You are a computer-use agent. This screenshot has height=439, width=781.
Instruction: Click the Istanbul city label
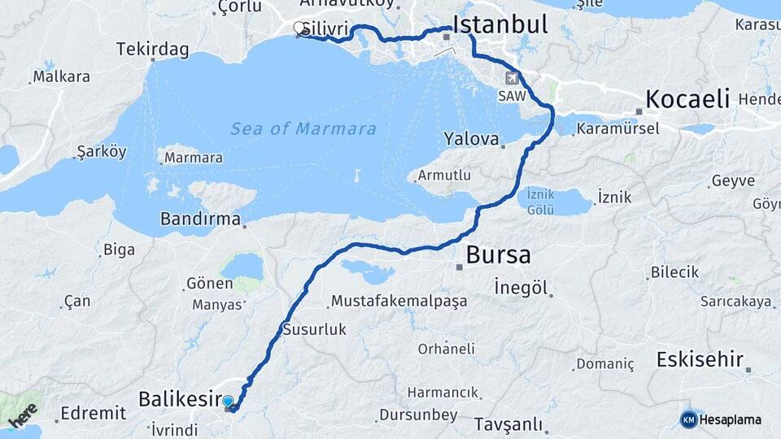pos(500,24)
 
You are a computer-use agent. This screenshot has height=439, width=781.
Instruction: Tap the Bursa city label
pos(498,255)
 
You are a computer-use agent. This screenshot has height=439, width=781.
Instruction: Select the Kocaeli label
pos(687,99)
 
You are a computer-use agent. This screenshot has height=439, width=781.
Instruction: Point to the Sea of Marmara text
pos(303,128)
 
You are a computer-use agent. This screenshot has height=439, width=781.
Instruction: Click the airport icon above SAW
pos(512,79)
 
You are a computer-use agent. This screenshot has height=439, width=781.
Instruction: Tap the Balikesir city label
pos(180,399)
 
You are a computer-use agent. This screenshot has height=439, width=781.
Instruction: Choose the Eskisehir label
pos(700,359)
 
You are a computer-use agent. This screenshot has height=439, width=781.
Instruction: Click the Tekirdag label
pos(152,50)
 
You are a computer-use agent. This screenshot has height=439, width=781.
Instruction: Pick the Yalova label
pos(471,138)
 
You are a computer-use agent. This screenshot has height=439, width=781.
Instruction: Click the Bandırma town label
pos(200,219)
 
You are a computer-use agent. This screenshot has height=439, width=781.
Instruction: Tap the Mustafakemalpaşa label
pos(399,302)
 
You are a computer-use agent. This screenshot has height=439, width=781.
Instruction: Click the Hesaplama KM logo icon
pos(688,419)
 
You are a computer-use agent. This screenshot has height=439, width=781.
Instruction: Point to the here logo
pos(23,415)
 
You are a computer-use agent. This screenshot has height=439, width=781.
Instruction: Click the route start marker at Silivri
pos(300,28)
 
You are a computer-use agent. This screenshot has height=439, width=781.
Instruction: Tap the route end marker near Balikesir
pos(228,402)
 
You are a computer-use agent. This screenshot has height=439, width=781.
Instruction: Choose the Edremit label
pos(93,413)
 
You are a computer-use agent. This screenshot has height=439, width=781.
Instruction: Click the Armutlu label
pos(444,176)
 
